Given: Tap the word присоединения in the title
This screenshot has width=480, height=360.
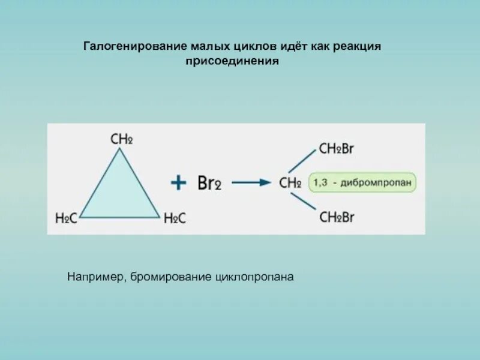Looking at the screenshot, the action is [x=233, y=61].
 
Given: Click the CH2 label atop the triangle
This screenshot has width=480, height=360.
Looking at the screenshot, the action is [x=121, y=139].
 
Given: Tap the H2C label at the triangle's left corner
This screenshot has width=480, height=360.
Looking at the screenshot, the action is [x=66, y=219].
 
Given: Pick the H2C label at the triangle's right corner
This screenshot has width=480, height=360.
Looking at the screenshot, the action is [x=175, y=219].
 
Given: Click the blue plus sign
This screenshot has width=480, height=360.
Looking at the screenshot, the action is [x=178, y=182].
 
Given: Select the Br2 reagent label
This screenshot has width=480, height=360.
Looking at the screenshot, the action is [x=209, y=183].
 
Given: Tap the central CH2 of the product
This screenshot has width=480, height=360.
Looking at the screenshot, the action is [x=290, y=183].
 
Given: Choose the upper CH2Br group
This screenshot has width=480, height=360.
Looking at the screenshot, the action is [x=337, y=148].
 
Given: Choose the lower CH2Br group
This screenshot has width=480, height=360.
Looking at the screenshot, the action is [x=337, y=217].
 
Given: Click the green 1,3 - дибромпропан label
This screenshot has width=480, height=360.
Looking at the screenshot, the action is [x=362, y=182].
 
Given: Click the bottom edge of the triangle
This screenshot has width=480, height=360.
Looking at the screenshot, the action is [x=120, y=217].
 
